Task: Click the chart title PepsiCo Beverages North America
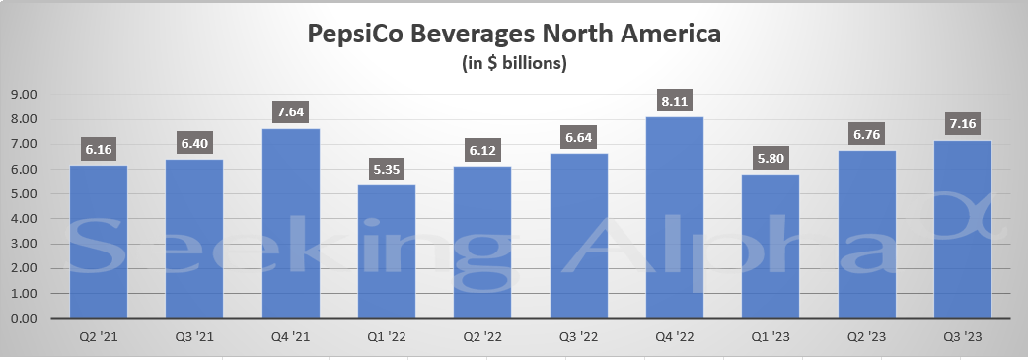pos(514,35)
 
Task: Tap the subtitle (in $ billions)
pos(514,64)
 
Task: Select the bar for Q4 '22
pos(675,217)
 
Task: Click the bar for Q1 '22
pos(388,252)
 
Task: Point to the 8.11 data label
pos(675,101)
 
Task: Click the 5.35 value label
pos(388,169)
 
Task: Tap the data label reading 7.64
pos(291,112)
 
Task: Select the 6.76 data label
pos(866,134)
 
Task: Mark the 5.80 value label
pos(771,158)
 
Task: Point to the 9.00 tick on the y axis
pos(23,95)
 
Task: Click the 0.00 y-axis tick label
pos(23,319)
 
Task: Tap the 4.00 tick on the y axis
pos(23,219)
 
